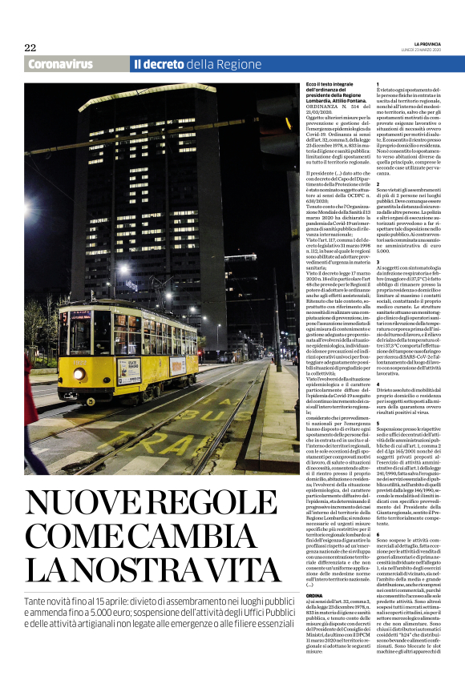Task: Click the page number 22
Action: [x=30, y=47]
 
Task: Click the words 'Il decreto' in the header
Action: [x=159, y=64]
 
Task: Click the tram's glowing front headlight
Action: [x=79, y=373]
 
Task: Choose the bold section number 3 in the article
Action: [x=378, y=261]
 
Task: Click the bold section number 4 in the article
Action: [x=378, y=384]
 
